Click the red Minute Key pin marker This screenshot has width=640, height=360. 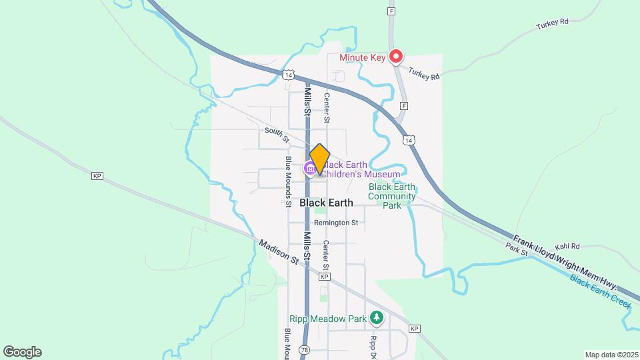pos(397,57)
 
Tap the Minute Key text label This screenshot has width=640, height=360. pos(363,58)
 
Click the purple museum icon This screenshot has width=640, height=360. pos(310,169)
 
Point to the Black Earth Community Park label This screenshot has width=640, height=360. pos(392,196)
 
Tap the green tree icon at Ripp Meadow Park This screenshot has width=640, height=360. pos(377,318)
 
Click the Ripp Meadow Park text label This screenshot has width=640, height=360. pos(328,319)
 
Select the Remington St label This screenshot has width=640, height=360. pos(337,222)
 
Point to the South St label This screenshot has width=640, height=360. pos(276,135)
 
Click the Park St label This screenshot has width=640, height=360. pos(517,251)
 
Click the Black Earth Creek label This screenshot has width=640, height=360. pos(601,290)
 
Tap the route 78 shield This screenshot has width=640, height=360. pos(305,350)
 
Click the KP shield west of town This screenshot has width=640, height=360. pos(97,176)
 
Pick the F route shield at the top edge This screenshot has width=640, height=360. pos(391,11)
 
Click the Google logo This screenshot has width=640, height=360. pos(22,352)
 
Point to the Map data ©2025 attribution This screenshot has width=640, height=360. pos(611,355)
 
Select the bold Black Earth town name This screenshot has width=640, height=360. pos(326,203)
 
